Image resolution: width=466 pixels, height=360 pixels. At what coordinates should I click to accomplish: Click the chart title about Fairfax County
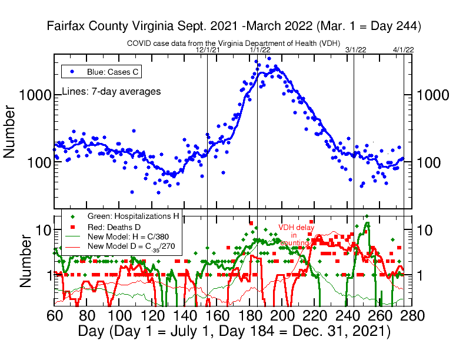coord(233,26)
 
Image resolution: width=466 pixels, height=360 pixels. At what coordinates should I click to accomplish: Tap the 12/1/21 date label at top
coord(208,51)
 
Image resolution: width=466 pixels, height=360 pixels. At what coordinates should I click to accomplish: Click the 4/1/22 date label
coord(404,51)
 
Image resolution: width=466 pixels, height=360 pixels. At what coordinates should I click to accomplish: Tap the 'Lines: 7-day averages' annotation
coord(111,92)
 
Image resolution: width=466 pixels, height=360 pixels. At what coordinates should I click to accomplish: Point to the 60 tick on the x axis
coord(54,316)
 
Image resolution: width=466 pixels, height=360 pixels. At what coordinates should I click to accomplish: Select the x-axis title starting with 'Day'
coord(234,331)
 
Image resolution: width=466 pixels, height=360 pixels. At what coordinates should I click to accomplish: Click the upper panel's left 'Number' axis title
coord(10,131)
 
